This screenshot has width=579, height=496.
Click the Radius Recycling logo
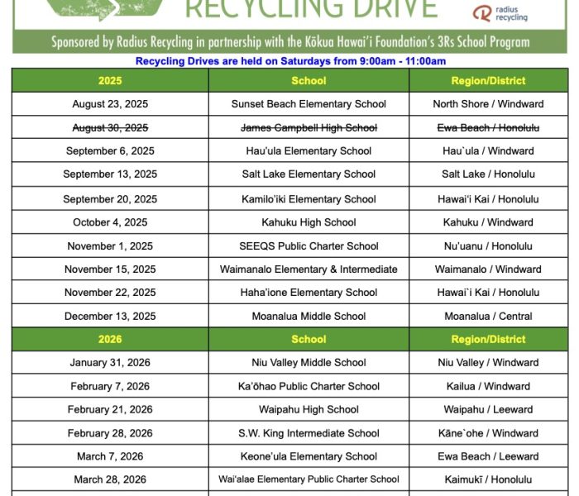point(500,12)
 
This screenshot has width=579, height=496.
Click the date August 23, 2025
point(110,104)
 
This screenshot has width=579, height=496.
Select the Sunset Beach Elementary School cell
point(309,104)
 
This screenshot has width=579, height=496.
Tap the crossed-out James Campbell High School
point(309,127)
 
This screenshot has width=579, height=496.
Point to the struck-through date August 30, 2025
point(110,127)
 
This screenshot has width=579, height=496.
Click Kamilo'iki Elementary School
point(309,199)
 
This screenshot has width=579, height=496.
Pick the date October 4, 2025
point(110,222)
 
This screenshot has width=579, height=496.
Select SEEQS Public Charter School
point(309,246)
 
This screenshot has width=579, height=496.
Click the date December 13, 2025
point(110,316)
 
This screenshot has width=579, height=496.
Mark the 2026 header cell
point(110,339)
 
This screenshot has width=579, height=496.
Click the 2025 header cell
point(110,81)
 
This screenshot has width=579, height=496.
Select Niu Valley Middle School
point(309,362)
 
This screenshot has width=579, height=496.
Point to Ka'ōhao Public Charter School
point(309,386)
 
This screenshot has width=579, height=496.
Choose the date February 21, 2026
point(110,409)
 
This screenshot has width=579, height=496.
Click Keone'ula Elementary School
point(309,456)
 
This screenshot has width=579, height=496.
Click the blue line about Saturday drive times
point(289,61)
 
